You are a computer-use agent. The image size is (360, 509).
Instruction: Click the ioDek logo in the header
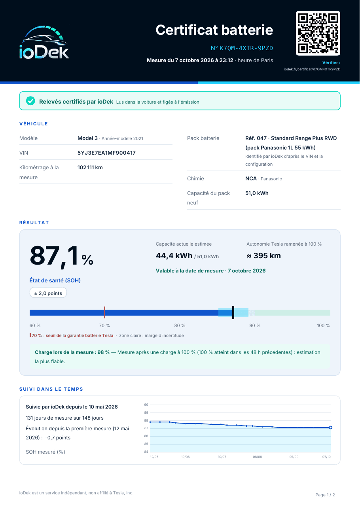[44, 42]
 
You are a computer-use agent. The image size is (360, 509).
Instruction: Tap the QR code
[318, 33]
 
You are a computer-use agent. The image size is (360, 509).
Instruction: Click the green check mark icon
[30, 101]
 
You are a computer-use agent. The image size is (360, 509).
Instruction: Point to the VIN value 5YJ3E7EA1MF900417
[106, 153]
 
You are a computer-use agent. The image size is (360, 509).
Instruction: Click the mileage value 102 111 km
[90, 167]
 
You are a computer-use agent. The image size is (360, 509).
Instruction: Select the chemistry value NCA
[251, 179]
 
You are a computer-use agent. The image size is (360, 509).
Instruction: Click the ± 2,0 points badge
[48, 293]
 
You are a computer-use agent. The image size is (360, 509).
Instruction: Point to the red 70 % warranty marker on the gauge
[104, 312]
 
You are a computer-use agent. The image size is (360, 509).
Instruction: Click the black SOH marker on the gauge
[233, 312]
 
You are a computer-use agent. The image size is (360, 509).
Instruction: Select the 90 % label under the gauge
[255, 325]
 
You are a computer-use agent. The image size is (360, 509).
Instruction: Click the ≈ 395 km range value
[263, 255]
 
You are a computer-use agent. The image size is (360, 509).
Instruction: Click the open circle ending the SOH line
[331, 428]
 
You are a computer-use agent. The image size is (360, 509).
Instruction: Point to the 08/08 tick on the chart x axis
[257, 457]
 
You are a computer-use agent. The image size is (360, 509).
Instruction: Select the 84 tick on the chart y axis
[146, 452]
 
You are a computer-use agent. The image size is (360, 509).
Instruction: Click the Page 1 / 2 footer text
[325, 495]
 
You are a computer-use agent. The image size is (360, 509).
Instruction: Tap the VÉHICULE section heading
[34, 124]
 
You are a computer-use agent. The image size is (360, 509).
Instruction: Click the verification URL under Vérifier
[312, 69]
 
